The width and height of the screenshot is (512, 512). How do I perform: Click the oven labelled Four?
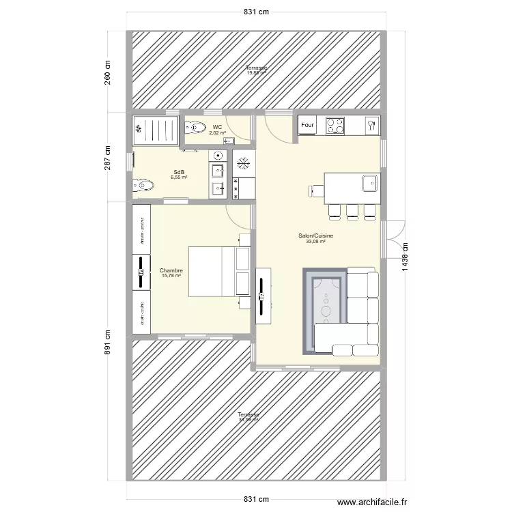308,126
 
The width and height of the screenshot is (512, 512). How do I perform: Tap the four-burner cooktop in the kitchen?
335,126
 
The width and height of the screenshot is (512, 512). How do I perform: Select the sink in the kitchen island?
369,182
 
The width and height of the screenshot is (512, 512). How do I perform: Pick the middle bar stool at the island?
352,212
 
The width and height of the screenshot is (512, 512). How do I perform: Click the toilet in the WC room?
196,126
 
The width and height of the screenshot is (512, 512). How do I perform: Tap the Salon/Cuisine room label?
315,236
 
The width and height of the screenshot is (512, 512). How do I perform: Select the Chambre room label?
171,270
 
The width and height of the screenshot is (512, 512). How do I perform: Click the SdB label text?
180,172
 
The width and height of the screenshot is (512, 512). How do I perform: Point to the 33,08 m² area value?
315,241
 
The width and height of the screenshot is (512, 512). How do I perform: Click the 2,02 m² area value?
217,133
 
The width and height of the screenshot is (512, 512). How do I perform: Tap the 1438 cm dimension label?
406,258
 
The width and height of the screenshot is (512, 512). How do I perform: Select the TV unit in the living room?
263,295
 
